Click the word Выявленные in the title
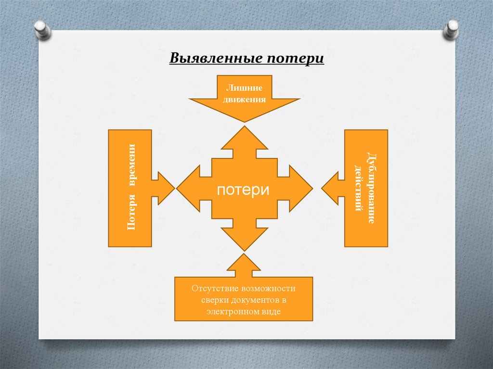click(x=212, y=59)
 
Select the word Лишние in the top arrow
click(x=245, y=88)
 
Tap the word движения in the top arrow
click(x=245, y=100)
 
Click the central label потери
click(x=243, y=190)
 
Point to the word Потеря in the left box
click(x=131, y=212)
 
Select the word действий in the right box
click(x=358, y=188)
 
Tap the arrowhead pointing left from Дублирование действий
click(x=330, y=188)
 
